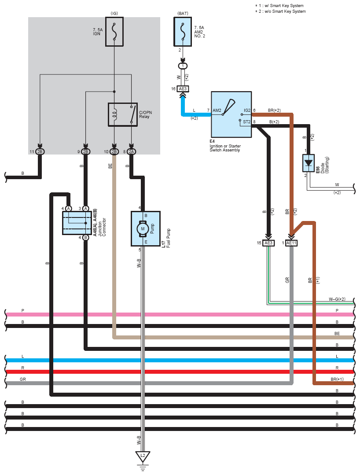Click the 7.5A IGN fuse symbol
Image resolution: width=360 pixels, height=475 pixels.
(114, 32)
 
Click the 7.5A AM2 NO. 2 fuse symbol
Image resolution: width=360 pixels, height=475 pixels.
(183, 32)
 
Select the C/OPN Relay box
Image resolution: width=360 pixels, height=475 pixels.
(123, 114)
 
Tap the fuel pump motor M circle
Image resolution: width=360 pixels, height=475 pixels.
(143, 229)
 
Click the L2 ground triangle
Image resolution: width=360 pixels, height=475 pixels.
(143, 456)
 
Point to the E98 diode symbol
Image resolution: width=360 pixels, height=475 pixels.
(308, 163)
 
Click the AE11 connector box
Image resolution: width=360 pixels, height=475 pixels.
(291, 243)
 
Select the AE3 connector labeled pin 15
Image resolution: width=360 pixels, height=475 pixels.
(268, 243)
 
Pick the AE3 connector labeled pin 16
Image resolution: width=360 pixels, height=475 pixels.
(183, 89)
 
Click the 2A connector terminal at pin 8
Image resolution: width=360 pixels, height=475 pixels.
(131, 152)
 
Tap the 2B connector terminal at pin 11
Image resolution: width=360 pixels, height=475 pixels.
(40, 152)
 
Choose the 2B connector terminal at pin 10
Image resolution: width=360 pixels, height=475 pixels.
(114, 152)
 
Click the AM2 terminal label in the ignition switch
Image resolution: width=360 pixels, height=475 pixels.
(217, 110)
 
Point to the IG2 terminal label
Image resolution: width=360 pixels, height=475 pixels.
(247, 110)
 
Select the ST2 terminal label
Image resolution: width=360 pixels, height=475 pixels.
(247, 122)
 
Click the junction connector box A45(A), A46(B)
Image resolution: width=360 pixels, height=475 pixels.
(77, 223)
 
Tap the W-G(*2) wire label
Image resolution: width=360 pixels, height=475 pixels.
(337, 299)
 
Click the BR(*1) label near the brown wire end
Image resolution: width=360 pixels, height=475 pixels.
(337, 379)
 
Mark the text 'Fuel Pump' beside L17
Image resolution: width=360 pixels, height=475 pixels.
(169, 238)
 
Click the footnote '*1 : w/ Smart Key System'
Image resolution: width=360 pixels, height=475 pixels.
(279, 5)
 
